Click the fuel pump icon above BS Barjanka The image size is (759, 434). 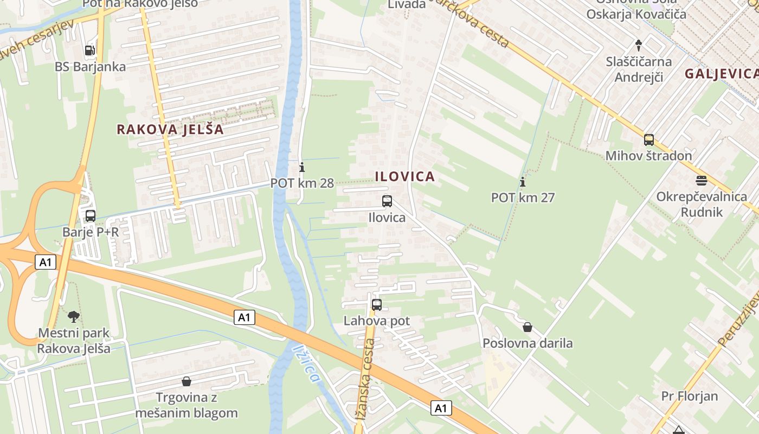(90, 50)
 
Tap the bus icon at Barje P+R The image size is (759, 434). (91, 215)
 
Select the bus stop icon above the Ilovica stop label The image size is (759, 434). (387, 201)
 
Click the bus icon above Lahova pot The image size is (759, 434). (377, 304)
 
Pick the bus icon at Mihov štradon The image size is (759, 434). (648, 140)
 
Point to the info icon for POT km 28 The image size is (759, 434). (302, 167)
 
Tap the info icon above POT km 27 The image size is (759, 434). (523, 181)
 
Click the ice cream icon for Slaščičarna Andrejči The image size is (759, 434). (639, 45)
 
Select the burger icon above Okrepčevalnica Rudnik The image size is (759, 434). (702, 180)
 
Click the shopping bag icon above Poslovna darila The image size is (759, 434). (528, 327)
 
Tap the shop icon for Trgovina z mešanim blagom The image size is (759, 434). (186, 381)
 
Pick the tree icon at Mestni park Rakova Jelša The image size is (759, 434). (73, 316)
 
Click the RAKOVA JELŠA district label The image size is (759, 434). (170, 130)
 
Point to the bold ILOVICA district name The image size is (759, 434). (404, 176)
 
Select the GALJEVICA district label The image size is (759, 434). (721, 74)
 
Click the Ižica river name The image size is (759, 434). (306, 365)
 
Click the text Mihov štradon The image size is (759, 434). (648, 156)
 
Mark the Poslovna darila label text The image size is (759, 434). (528, 343)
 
